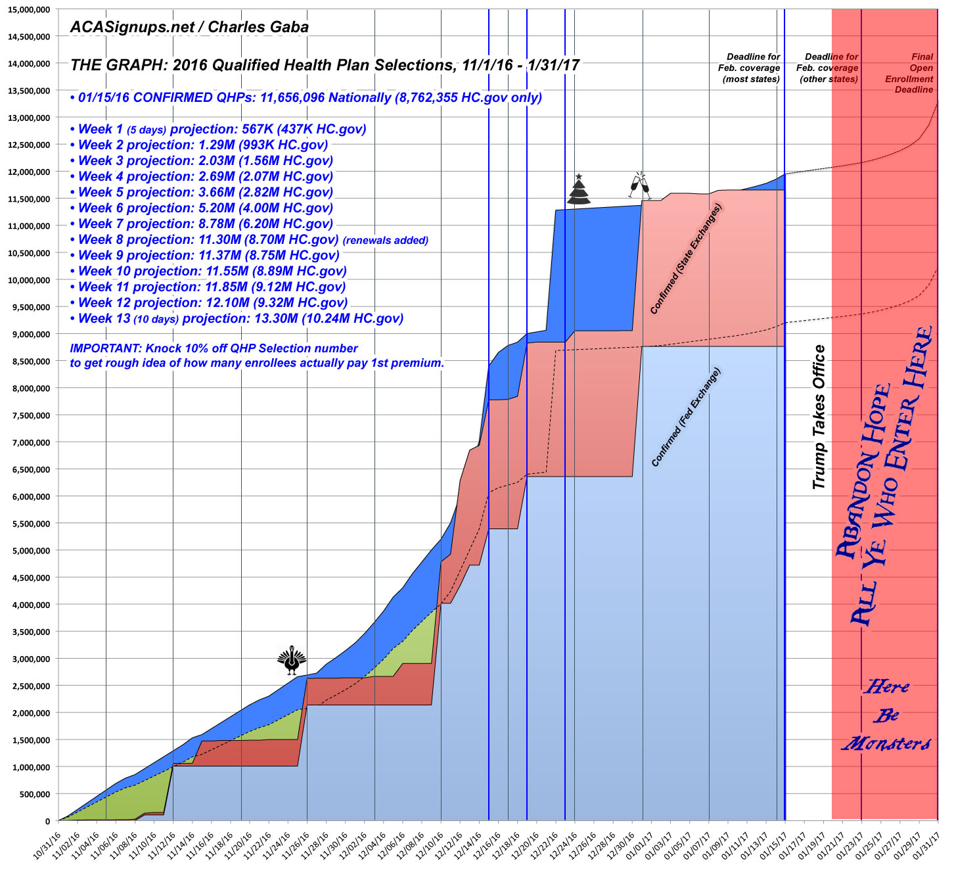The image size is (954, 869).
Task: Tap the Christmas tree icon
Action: [579, 191]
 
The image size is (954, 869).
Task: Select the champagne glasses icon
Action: [639, 186]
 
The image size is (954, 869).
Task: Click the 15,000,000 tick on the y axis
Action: [29, 9]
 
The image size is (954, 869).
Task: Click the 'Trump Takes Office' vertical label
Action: [819, 417]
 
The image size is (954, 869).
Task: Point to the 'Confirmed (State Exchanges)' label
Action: [685, 259]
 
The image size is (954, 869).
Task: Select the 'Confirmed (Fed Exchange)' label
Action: [686, 417]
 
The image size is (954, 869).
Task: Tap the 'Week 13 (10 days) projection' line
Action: [237, 319]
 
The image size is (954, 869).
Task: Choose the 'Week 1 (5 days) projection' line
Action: [218, 129]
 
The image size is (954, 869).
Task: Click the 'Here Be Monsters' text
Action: [886, 715]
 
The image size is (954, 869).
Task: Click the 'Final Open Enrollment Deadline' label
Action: [914, 73]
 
